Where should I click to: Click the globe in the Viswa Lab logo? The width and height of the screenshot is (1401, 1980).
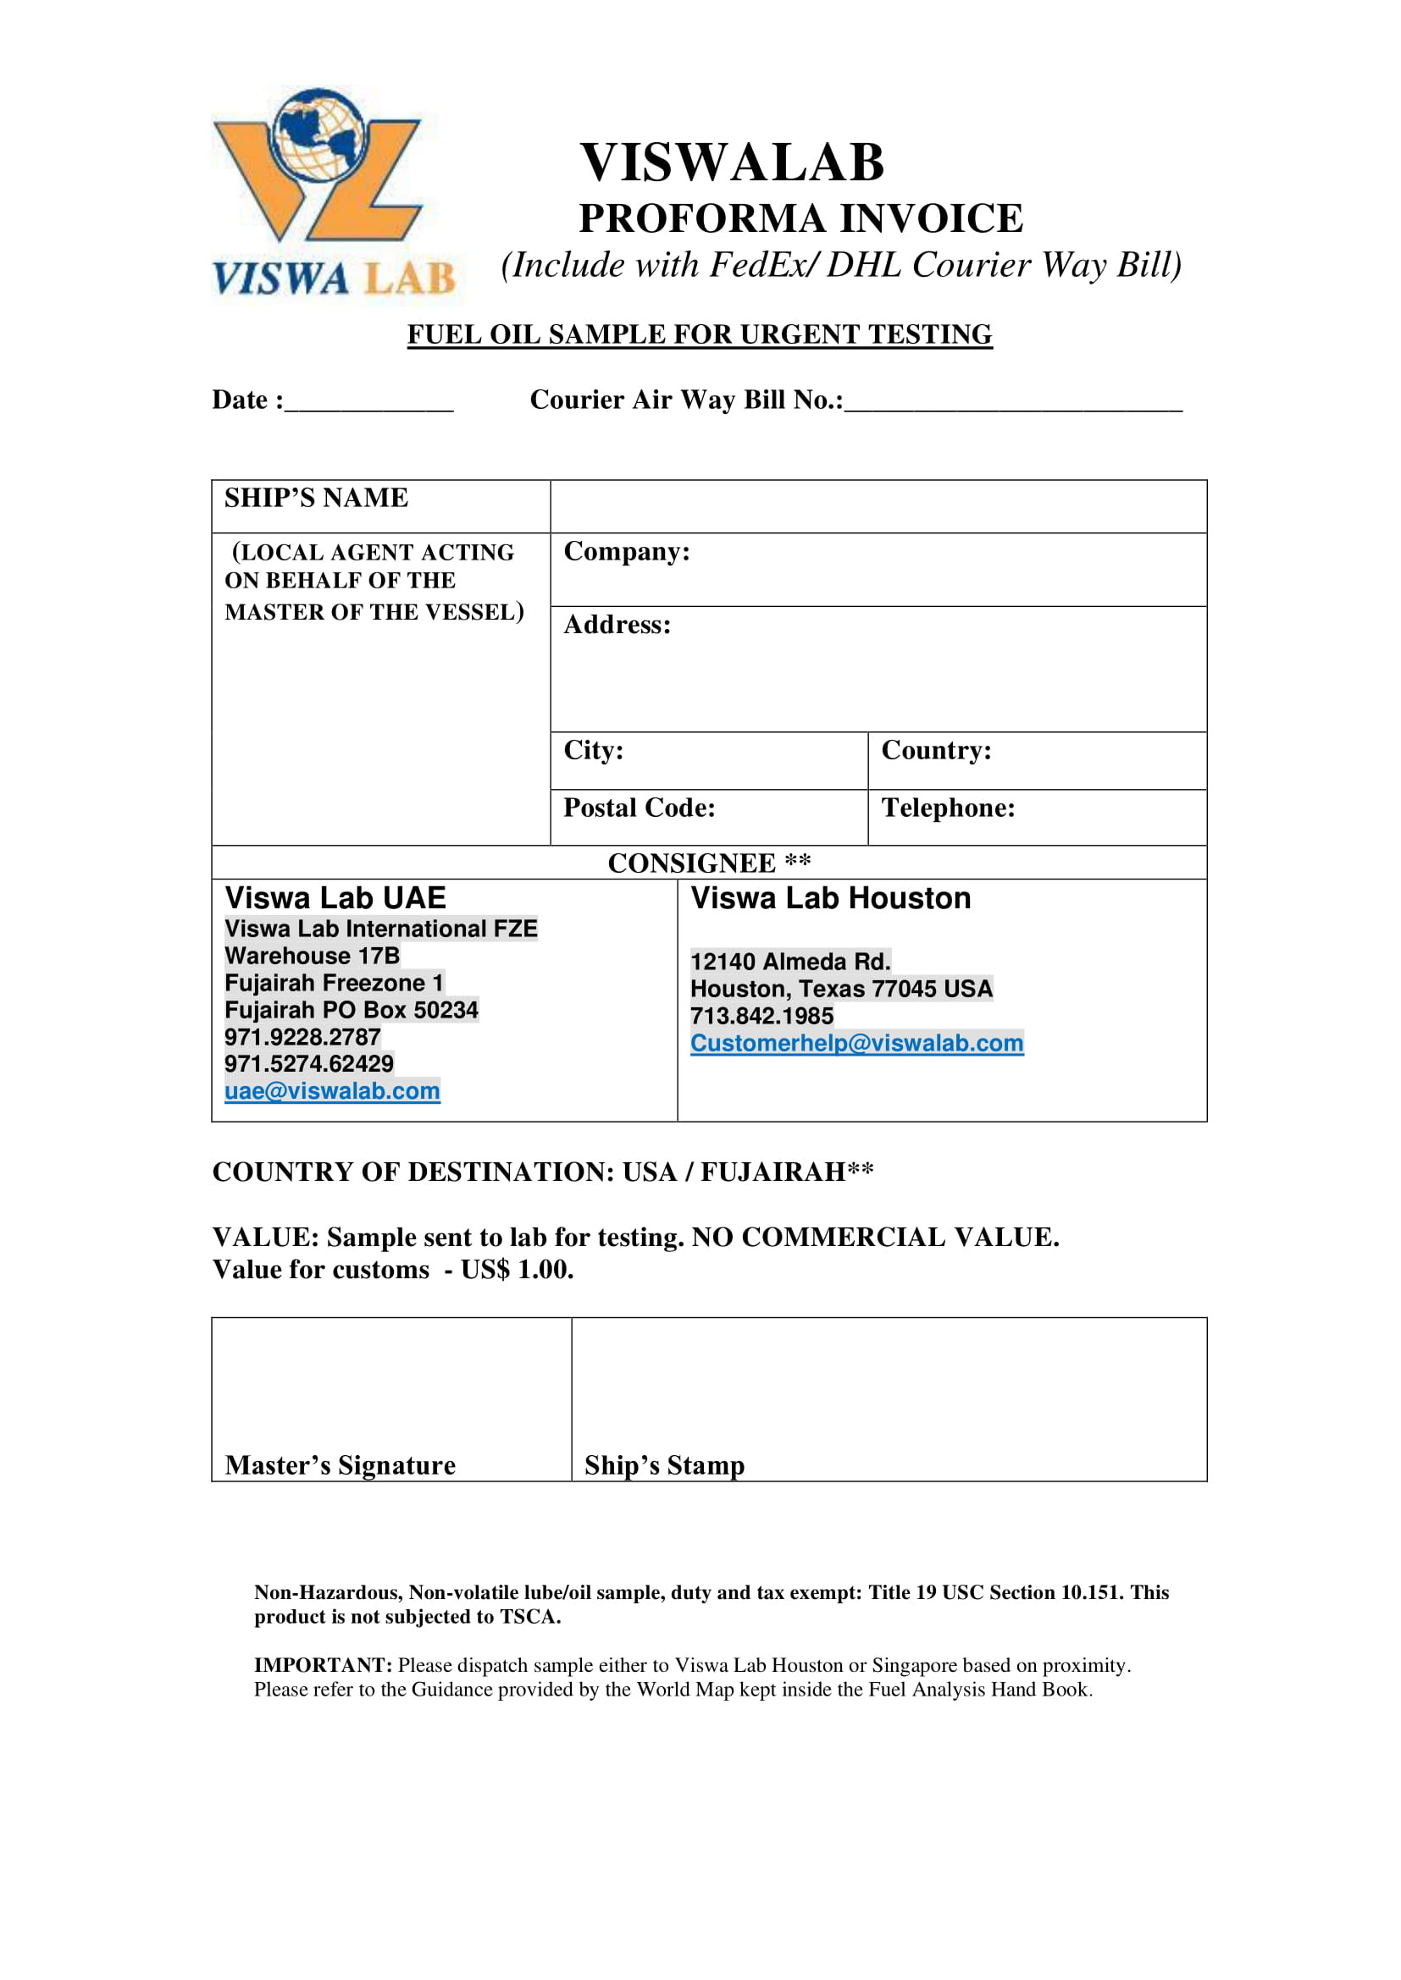click(x=318, y=135)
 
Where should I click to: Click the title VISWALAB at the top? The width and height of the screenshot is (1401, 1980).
click(x=732, y=163)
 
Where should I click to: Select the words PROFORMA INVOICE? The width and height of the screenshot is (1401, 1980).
click(x=800, y=218)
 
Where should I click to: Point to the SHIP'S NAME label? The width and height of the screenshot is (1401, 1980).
click(x=316, y=498)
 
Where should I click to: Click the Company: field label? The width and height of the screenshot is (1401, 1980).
click(x=626, y=551)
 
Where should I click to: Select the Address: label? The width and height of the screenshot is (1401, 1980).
click(x=617, y=625)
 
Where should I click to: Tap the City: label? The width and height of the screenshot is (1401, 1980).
click(x=594, y=750)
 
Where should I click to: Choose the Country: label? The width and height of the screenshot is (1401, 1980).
click(x=936, y=750)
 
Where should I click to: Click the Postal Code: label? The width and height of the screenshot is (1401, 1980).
click(x=640, y=808)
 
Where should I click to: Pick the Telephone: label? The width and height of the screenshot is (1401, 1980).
click(x=948, y=808)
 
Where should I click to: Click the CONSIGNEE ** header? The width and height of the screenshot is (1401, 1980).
click(x=709, y=863)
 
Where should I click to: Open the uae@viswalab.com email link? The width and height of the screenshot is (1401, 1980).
click(x=332, y=1091)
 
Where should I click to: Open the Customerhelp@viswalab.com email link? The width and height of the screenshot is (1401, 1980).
click(x=856, y=1043)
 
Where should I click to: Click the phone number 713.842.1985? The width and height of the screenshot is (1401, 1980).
click(x=761, y=1016)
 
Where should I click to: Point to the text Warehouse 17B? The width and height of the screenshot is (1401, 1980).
click(x=313, y=956)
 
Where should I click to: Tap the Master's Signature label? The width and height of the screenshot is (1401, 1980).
click(x=340, y=1465)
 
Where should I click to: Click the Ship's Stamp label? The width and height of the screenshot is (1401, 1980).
click(x=664, y=1465)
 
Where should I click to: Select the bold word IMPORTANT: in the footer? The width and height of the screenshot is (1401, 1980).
click(x=323, y=1665)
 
